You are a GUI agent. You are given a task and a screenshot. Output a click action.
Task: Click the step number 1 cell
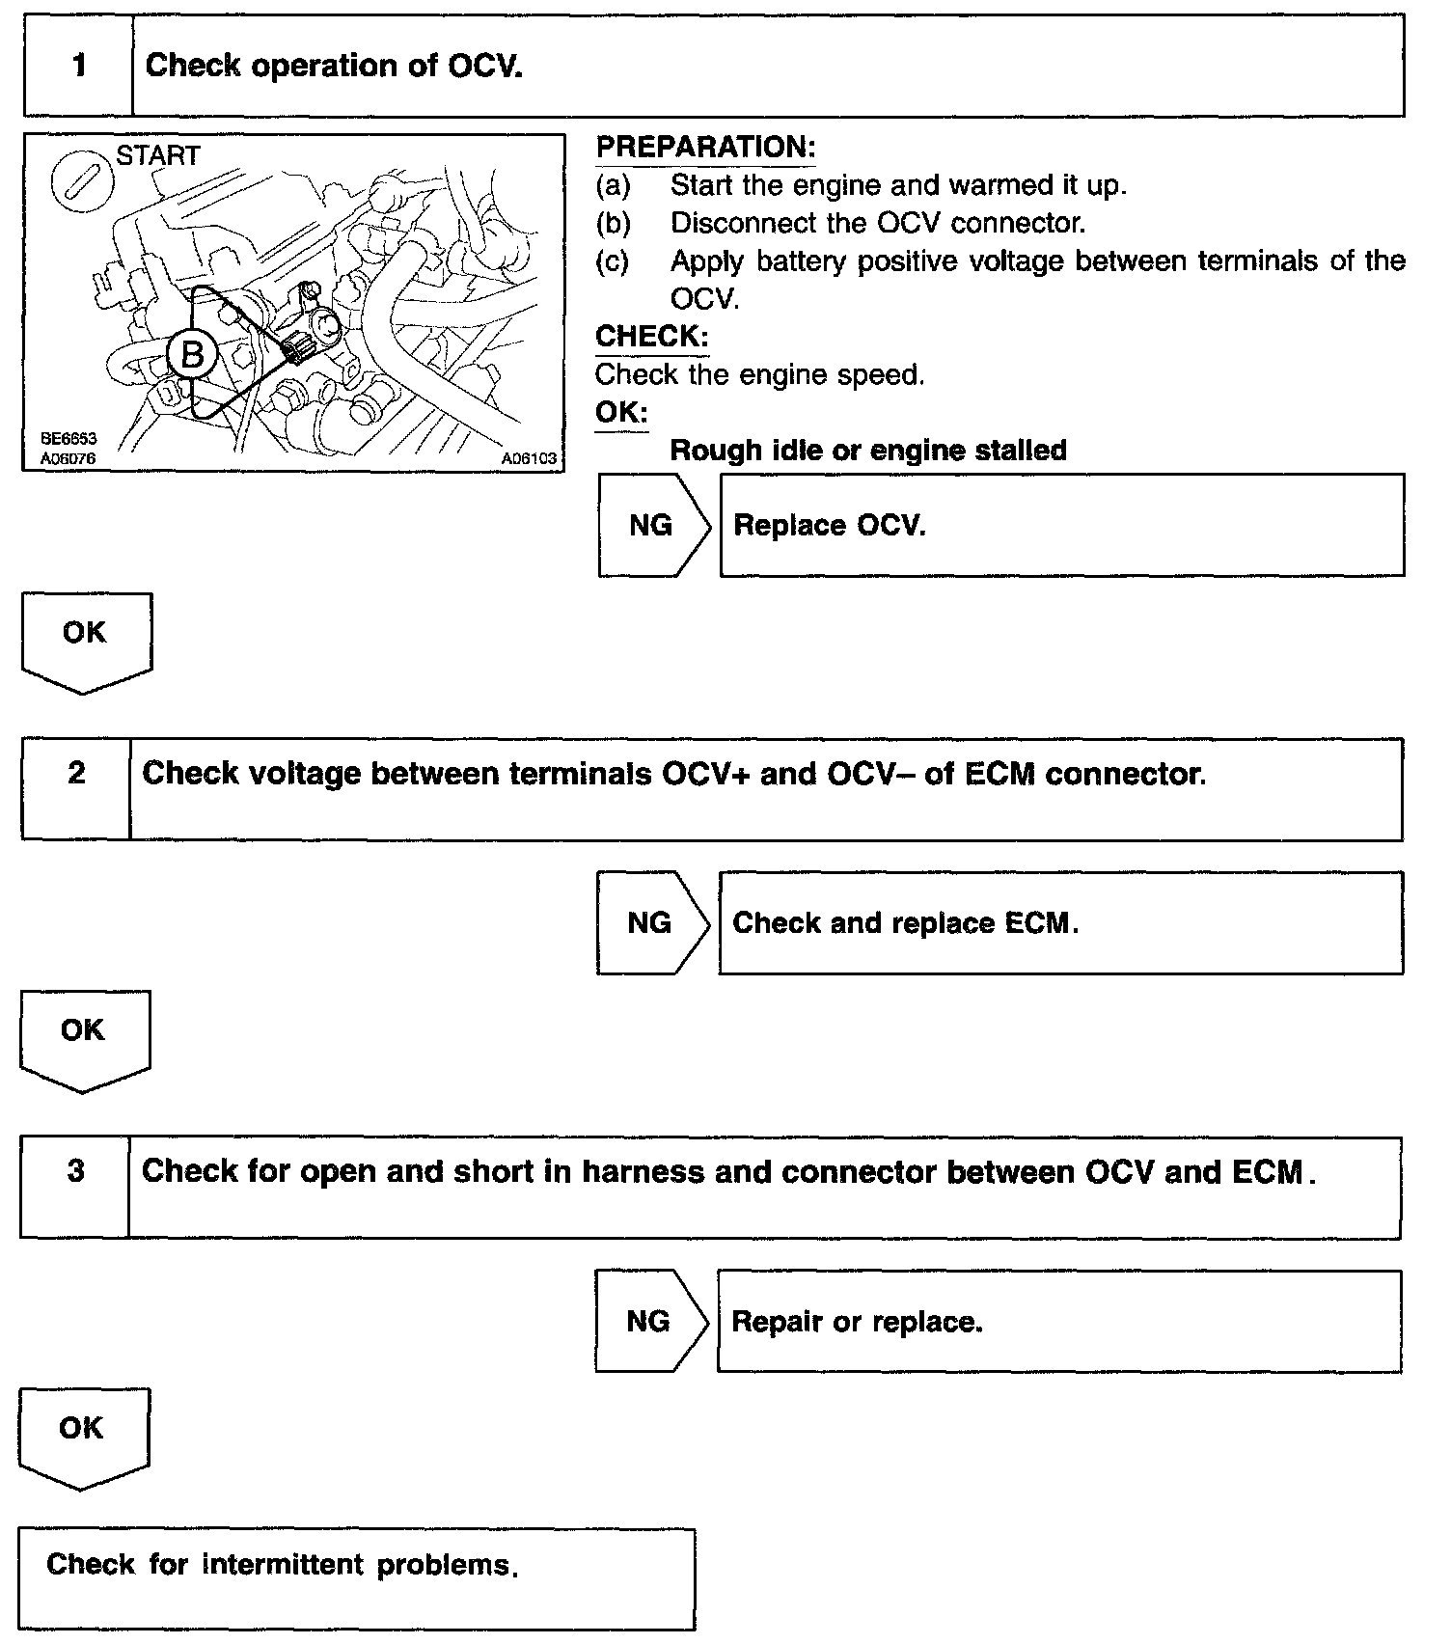[x=78, y=66]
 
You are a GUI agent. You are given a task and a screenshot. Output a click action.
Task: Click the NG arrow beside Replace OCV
[x=652, y=526]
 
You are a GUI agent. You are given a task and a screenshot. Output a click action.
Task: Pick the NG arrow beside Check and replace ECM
[x=650, y=923]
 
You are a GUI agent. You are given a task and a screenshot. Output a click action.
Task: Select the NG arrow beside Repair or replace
[x=649, y=1321]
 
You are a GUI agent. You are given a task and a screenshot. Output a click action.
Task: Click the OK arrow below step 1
[x=85, y=638]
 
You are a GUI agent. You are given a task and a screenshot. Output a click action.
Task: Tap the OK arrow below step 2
[x=83, y=1035]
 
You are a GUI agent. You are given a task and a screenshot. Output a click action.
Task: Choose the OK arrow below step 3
[x=82, y=1434]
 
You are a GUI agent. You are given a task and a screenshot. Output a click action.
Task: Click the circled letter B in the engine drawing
[x=192, y=355]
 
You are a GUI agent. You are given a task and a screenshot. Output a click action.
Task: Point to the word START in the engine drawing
[x=158, y=155]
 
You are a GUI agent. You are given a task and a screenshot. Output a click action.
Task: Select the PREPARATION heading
[x=705, y=148]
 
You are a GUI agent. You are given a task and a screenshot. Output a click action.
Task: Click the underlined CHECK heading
[x=651, y=337]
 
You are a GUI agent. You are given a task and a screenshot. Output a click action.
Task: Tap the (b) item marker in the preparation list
[x=613, y=223]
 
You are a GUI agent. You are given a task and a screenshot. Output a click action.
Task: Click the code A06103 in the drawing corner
[x=529, y=459]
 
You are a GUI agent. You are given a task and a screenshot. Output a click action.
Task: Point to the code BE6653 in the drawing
[x=68, y=439]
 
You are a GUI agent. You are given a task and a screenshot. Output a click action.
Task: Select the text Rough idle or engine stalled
[x=868, y=451]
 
